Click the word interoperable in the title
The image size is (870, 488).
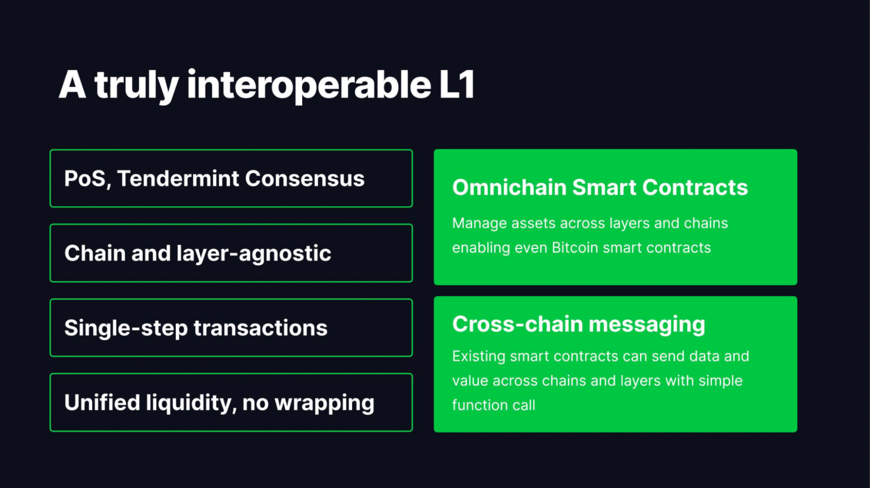[x=309, y=85]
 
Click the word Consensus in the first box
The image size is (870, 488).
[x=305, y=178]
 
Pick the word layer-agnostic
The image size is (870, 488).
[x=254, y=254]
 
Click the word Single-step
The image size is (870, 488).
[x=126, y=328]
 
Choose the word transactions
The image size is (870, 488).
[x=261, y=328]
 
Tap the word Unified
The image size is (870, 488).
[x=102, y=402]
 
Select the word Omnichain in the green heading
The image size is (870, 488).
[x=509, y=187]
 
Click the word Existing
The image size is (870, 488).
[x=479, y=357]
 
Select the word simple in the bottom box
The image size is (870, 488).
[x=721, y=381]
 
